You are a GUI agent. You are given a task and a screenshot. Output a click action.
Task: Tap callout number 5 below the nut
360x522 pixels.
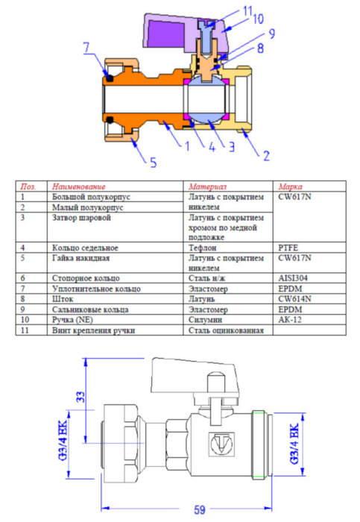click(x=154, y=161)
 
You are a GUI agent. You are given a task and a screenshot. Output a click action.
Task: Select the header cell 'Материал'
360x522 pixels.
click(x=208, y=186)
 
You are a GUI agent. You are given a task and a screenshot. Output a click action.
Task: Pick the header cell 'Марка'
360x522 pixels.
click(x=291, y=186)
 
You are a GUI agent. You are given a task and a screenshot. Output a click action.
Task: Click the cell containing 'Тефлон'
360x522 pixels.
click(x=203, y=247)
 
